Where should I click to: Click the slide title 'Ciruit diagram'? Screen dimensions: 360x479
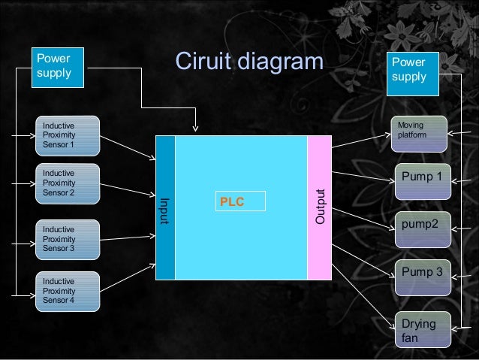click(x=248, y=62)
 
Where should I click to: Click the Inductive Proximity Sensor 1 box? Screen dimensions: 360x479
click(x=68, y=135)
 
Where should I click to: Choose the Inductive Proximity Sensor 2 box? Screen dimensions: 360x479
click(x=68, y=183)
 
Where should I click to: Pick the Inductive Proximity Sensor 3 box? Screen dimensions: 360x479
click(x=68, y=238)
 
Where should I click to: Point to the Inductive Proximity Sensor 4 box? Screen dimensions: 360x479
click(x=68, y=290)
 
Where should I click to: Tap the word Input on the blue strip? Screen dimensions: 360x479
click(x=164, y=211)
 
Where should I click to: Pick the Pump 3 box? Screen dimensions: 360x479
click(x=422, y=277)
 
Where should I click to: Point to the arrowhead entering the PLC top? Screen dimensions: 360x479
click(x=195, y=129)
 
